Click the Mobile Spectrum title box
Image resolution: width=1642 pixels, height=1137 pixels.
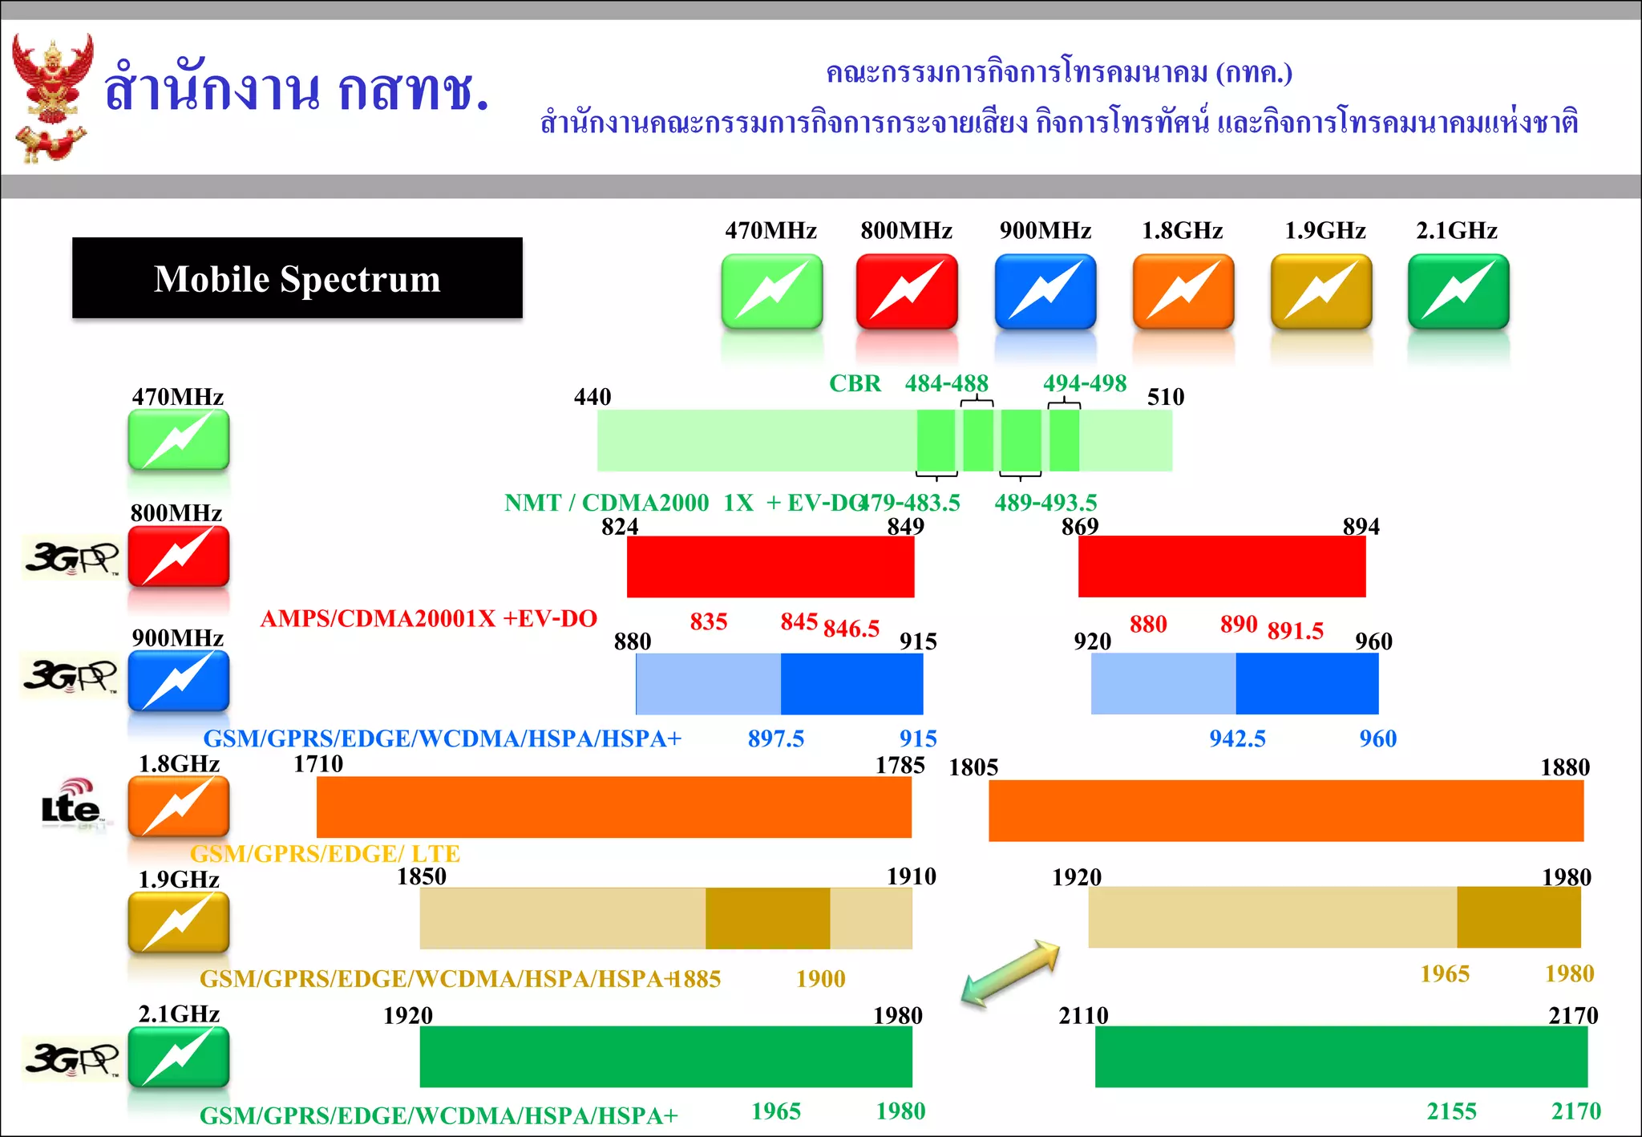(297, 278)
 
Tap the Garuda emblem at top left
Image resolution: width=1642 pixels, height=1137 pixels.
(52, 96)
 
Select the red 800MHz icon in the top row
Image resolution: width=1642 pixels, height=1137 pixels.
(907, 291)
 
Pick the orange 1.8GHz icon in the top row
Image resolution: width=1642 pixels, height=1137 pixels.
(1183, 291)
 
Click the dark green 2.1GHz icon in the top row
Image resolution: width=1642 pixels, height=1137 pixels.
(1458, 291)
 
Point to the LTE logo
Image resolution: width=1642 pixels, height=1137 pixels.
(71, 804)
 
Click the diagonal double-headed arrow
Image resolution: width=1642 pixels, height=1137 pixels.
(1011, 973)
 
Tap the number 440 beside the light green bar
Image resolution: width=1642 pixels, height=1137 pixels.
(592, 397)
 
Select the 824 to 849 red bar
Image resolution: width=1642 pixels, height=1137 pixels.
(770, 566)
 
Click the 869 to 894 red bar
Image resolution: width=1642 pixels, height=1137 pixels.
(1221, 566)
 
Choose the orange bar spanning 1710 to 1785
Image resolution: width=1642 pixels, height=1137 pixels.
(613, 807)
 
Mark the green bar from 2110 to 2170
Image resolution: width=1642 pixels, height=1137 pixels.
(1341, 1056)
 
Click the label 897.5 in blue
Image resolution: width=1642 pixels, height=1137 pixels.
(775, 738)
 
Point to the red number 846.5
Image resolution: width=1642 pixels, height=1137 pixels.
(851, 629)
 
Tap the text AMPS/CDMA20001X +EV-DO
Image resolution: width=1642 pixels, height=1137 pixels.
(429, 619)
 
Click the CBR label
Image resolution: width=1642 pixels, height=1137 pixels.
(855, 383)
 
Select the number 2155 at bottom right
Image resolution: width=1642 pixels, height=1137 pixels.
(1451, 1111)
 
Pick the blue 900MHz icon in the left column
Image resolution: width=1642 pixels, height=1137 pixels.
(179, 681)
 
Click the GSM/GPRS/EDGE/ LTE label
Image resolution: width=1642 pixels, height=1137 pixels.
(325, 854)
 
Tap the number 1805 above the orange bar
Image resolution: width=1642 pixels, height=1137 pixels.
(973, 767)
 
